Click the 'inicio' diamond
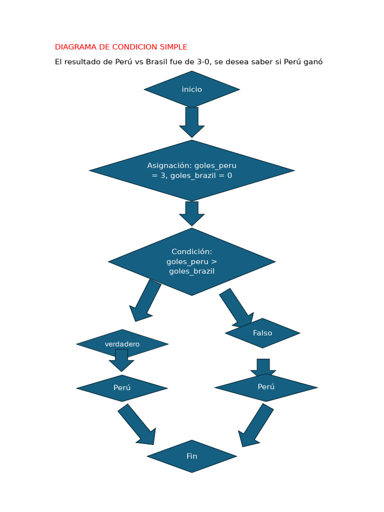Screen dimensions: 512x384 tap(192, 89)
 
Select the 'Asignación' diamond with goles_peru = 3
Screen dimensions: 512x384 tap(192, 170)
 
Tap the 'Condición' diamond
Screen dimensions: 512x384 tap(192, 261)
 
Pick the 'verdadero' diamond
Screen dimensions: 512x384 tap(122, 343)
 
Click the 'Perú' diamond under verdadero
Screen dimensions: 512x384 tap(122, 388)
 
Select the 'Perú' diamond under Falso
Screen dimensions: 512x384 tap(266, 387)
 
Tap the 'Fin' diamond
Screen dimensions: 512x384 tap(192, 456)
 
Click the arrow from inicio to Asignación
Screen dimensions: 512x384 tap(192, 121)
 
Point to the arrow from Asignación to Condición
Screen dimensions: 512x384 tap(192, 213)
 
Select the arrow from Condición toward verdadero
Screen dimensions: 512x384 tap(145, 300)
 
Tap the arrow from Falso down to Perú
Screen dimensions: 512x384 tap(263, 366)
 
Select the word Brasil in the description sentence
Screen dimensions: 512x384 tap(157, 62)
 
